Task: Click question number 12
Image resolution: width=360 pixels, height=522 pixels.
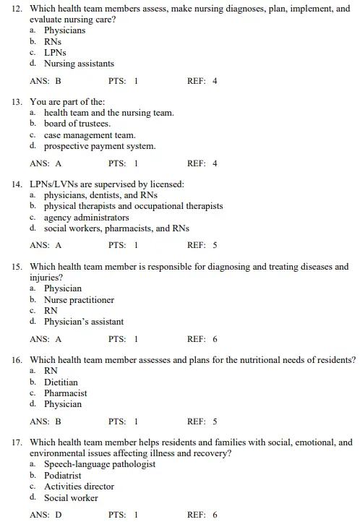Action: point(17,8)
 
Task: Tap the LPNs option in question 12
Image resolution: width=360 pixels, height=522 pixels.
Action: point(57,53)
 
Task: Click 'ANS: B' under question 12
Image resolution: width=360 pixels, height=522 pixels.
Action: point(46,81)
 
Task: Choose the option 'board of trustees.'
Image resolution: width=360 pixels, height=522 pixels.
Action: point(77,124)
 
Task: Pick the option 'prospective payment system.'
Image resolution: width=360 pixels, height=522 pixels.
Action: point(99,146)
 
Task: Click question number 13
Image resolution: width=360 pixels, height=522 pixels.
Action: point(17,102)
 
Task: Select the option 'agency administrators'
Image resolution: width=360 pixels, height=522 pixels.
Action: point(86,217)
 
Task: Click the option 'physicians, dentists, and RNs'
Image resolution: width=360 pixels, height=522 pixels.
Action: point(106,195)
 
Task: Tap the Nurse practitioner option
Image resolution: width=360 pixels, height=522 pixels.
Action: point(79,300)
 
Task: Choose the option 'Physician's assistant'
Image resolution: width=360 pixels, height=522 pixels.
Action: point(83,322)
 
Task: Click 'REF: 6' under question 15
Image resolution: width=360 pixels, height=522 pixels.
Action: point(202,339)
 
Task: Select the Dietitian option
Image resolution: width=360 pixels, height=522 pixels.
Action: point(61,382)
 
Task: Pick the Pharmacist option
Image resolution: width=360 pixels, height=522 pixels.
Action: point(65,393)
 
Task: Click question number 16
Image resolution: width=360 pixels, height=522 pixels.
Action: point(17,360)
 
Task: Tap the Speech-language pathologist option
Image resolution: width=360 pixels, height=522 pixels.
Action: point(100,464)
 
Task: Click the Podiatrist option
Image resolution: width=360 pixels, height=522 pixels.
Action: point(63,476)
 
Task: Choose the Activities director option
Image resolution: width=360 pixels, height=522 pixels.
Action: point(79,487)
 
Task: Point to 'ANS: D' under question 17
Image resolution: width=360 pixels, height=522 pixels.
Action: point(46,515)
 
